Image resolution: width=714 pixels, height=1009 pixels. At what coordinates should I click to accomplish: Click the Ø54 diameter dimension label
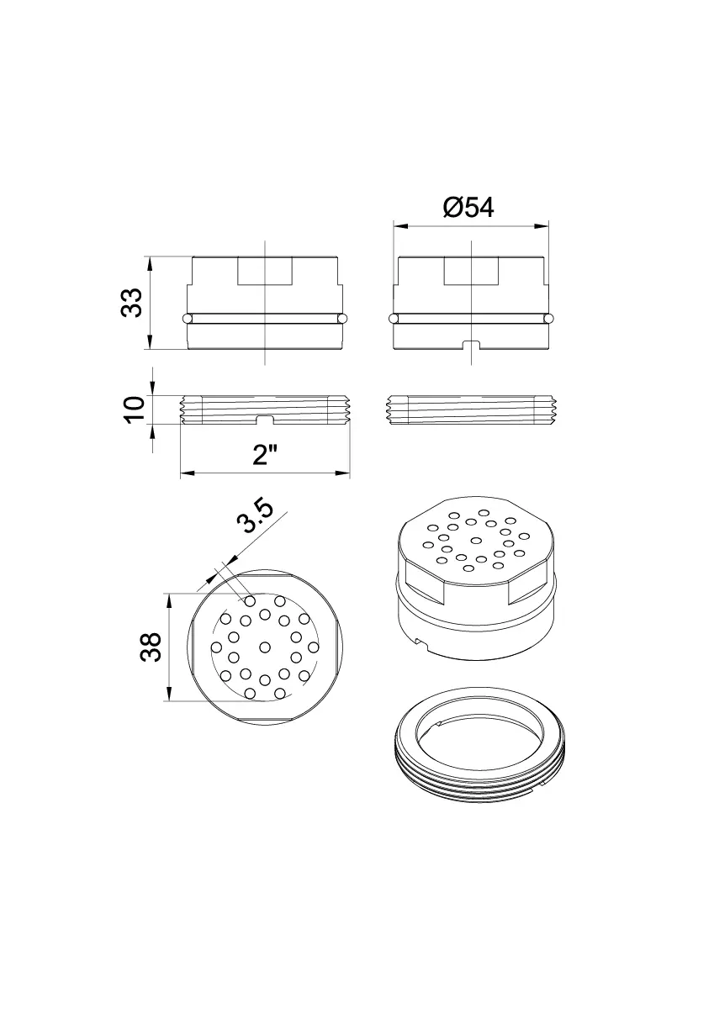[468, 208]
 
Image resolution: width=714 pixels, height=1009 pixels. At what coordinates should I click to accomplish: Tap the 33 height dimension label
[131, 302]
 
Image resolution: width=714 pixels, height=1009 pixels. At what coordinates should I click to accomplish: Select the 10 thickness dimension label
[134, 409]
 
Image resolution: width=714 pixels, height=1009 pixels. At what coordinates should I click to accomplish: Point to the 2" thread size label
[265, 455]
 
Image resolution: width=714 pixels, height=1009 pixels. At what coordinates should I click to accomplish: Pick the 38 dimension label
[151, 647]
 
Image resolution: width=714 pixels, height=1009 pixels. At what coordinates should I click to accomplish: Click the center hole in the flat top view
[265, 647]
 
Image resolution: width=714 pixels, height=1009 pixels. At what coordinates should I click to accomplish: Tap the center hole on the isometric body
[476, 540]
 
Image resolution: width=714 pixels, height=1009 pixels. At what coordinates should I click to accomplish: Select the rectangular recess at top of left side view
[265, 271]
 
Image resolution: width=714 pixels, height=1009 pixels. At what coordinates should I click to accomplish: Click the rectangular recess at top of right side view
[471, 271]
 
